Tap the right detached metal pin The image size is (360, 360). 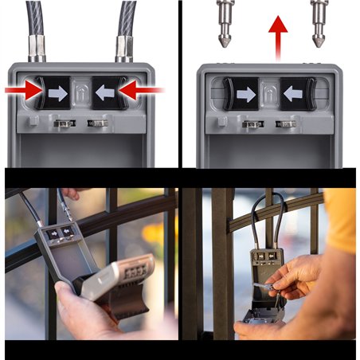tap(319, 23)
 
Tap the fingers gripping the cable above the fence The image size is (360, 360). tap(71, 193)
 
